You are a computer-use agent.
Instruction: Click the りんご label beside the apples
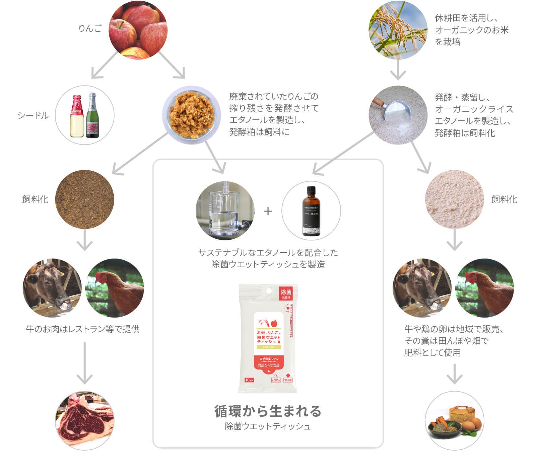click(x=90, y=28)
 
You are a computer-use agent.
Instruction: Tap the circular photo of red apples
click(x=138, y=30)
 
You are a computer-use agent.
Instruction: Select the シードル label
click(x=33, y=116)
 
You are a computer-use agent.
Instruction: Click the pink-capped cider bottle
click(x=77, y=116)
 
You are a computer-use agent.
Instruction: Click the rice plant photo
click(x=398, y=30)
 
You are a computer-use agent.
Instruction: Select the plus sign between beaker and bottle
click(x=268, y=211)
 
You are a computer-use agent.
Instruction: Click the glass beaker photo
click(x=225, y=211)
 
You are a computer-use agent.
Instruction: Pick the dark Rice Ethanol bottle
click(x=311, y=211)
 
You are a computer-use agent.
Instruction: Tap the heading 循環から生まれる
click(x=268, y=411)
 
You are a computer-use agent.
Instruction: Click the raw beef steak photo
click(x=84, y=420)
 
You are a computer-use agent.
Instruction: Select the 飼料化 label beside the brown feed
click(x=35, y=199)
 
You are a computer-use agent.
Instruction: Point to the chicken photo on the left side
click(x=115, y=288)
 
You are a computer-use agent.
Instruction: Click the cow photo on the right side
click(x=421, y=288)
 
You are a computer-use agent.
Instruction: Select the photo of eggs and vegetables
click(x=454, y=420)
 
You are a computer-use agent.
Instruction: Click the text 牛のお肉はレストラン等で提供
click(x=83, y=329)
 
